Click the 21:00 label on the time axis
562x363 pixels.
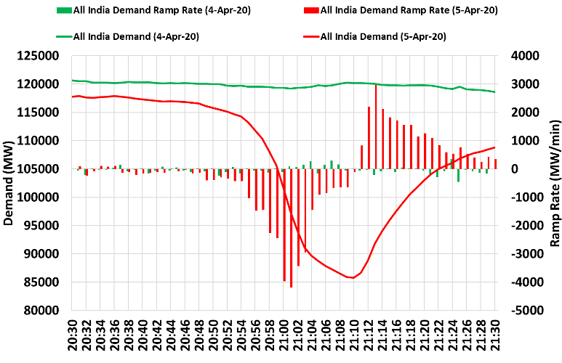[284, 335]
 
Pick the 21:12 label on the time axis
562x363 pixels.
[369, 335]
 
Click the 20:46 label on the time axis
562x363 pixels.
[185, 335]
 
